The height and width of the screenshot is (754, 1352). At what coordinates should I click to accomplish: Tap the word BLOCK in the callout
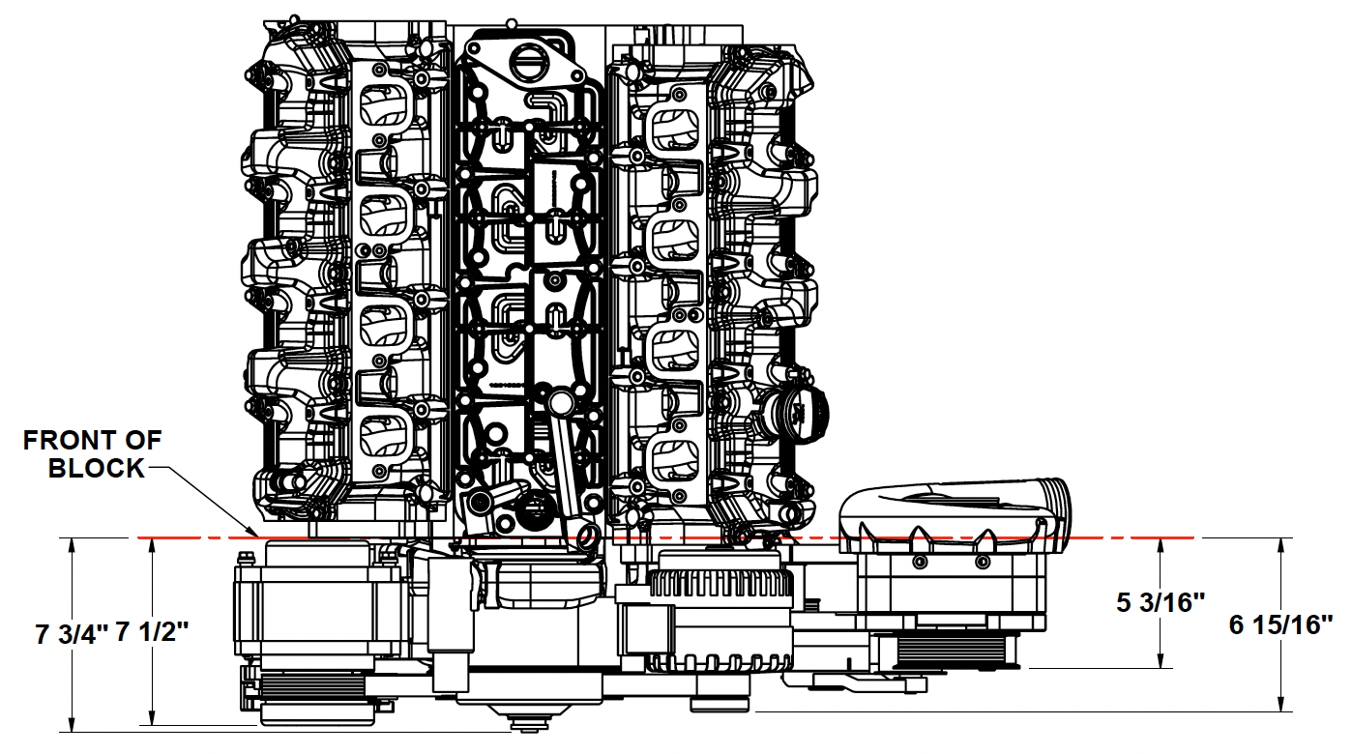click(97, 469)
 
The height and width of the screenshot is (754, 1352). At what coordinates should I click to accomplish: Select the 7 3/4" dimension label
click(72, 634)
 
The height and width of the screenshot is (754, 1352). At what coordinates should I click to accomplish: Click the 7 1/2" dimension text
click(152, 631)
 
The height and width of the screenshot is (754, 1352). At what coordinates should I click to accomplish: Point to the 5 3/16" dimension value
click(1161, 602)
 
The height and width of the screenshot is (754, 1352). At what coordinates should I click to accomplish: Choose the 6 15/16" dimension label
click(1280, 624)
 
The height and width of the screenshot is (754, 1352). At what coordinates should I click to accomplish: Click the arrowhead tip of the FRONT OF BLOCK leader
click(258, 536)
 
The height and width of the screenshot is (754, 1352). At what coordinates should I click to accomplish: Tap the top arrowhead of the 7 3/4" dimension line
click(73, 538)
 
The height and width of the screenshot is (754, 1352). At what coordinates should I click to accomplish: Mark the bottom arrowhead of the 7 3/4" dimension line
click(73, 731)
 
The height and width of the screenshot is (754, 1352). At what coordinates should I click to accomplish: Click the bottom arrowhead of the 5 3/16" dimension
click(1161, 667)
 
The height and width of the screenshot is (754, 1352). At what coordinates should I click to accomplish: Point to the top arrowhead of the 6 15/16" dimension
click(1280, 538)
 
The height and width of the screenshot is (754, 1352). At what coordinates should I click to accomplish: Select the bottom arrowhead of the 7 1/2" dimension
click(152, 724)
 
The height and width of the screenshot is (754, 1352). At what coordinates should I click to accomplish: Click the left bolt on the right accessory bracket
click(920, 563)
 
